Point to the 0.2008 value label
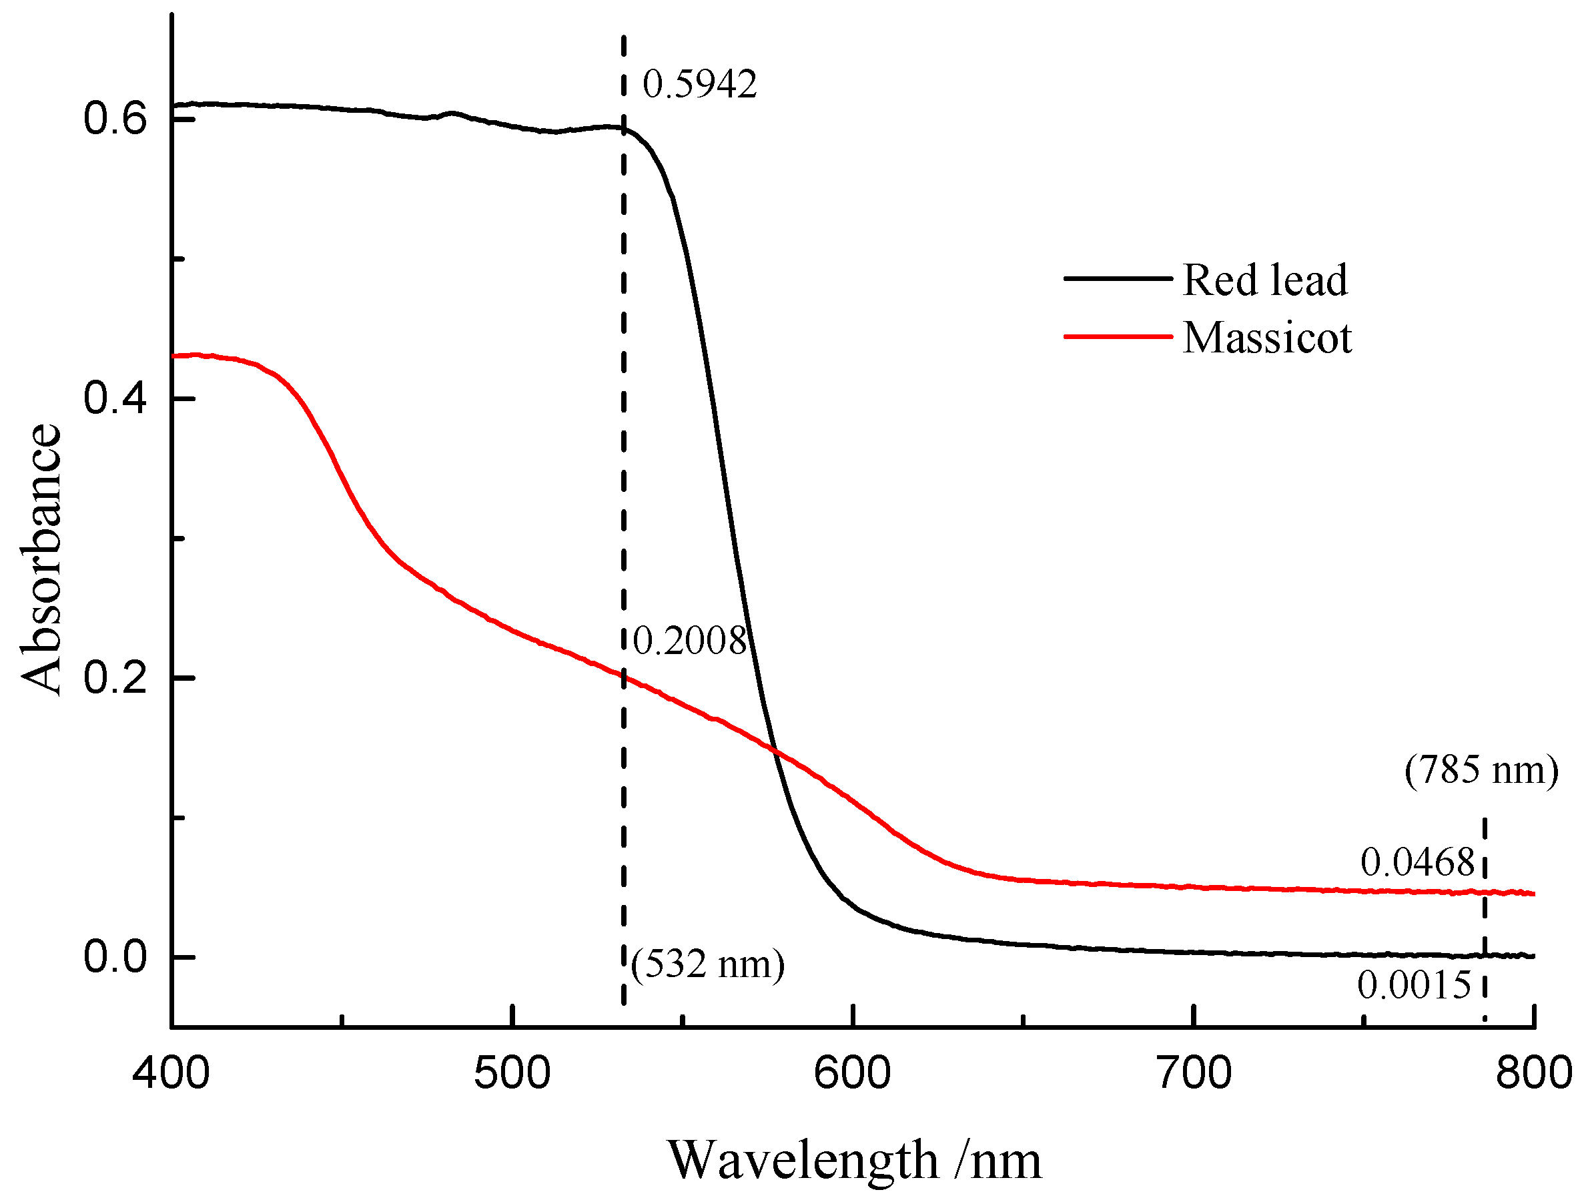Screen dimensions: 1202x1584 click(x=690, y=641)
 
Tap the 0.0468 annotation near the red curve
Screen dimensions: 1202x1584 click(x=1417, y=862)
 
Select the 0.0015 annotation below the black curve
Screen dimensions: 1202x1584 click(x=1414, y=985)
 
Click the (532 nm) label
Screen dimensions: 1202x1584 click(x=707, y=964)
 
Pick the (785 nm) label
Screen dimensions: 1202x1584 click(x=1481, y=770)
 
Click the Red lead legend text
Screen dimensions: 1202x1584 click(x=1264, y=280)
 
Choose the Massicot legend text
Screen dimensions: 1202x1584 click(x=1267, y=338)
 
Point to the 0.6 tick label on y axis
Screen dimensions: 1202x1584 click(x=115, y=118)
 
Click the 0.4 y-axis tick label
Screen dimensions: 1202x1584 click(x=115, y=398)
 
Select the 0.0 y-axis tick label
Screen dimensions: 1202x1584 click(x=115, y=956)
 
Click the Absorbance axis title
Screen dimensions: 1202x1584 click(x=41, y=559)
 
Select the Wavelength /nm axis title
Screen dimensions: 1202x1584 click(x=854, y=1161)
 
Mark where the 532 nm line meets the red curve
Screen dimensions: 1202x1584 click(x=624, y=675)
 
